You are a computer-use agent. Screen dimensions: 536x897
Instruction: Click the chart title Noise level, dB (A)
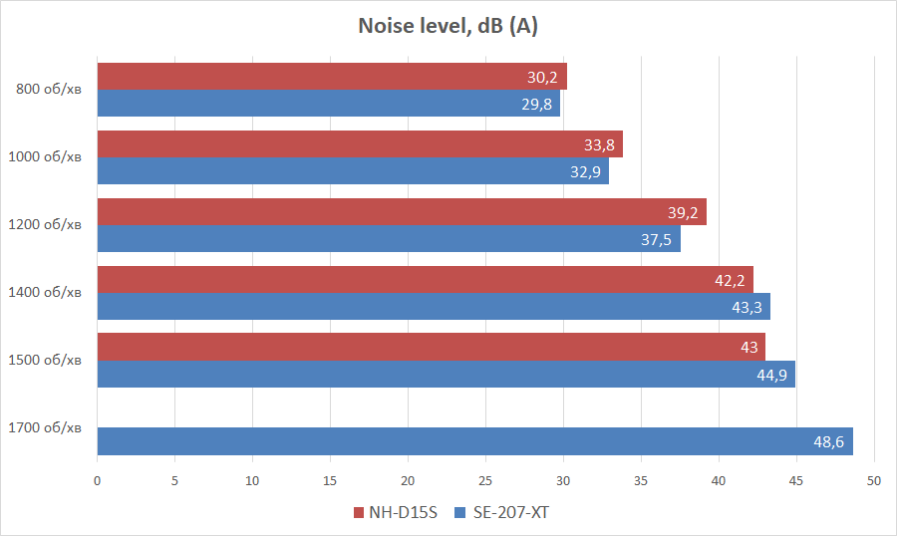pos(448,26)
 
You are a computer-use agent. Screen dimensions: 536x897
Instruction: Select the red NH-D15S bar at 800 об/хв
pos(332,77)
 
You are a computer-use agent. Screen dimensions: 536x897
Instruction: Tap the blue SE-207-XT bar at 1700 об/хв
pos(474,441)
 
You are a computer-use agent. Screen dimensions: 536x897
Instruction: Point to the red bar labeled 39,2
pos(402,211)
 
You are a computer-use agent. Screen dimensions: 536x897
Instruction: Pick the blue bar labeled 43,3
pos(434,307)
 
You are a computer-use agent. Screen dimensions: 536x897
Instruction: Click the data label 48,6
pos(829,441)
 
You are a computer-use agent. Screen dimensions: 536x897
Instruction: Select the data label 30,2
pos(542,77)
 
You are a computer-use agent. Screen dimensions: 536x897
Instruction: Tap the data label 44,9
pos(771,375)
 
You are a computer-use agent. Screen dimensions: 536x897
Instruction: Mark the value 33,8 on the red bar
pos(599,144)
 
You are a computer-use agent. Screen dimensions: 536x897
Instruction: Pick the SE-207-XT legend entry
pos(509,513)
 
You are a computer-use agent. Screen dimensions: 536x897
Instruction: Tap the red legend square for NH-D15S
pos(359,513)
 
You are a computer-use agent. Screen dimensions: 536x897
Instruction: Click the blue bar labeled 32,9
pos(353,171)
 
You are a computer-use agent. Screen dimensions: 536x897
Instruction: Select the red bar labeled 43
pos(431,347)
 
